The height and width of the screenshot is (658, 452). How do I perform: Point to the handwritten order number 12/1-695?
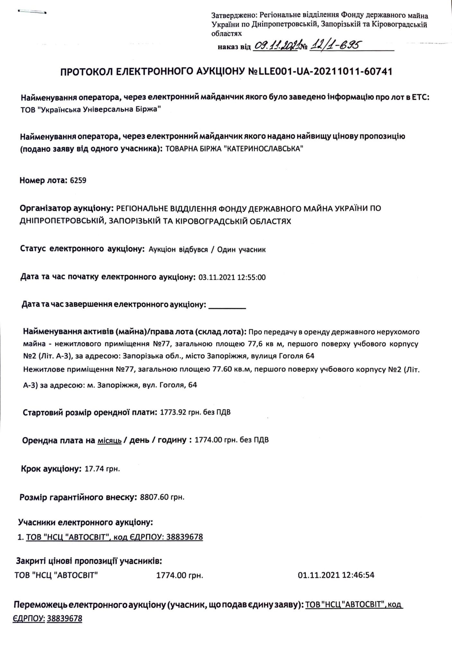coord(334,46)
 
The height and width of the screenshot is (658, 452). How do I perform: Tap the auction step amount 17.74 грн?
coord(102,469)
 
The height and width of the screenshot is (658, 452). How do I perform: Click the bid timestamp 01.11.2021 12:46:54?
coord(336,575)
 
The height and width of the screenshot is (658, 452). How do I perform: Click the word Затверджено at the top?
coord(234,15)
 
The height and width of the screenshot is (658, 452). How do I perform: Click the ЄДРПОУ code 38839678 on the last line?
coord(64,618)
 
